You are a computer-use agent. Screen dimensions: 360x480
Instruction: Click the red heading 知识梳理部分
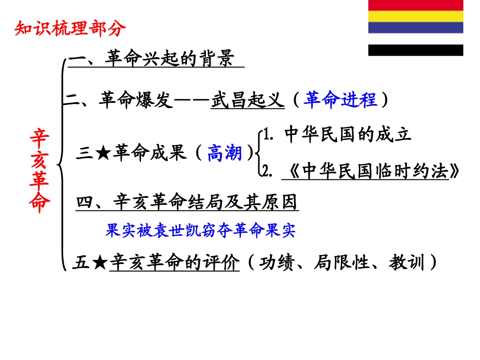click(x=69, y=29)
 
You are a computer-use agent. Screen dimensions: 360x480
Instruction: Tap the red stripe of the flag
click(x=415, y=5)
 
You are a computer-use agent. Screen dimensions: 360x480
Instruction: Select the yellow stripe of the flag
click(x=415, y=16)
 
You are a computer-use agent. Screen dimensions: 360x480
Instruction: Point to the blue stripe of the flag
click(x=415, y=27)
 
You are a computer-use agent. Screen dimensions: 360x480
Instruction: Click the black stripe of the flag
click(x=415, y=50)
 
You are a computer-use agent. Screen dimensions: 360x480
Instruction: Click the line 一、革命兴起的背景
click(x=152, y=59)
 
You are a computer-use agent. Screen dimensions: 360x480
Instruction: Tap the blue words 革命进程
click(x=341, y=99)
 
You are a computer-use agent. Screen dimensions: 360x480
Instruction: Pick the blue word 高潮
click(x=225, y=152)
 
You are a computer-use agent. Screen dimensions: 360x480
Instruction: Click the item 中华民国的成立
click(x=348, y=134)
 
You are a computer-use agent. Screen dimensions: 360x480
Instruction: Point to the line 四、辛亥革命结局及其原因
click(x=187, y=202)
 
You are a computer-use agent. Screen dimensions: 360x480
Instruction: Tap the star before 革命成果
click(x=103, y=153)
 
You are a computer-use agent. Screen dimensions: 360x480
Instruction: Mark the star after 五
click(x=100, y=263)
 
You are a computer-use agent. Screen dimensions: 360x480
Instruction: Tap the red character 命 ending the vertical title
click(x=40, y=203)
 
